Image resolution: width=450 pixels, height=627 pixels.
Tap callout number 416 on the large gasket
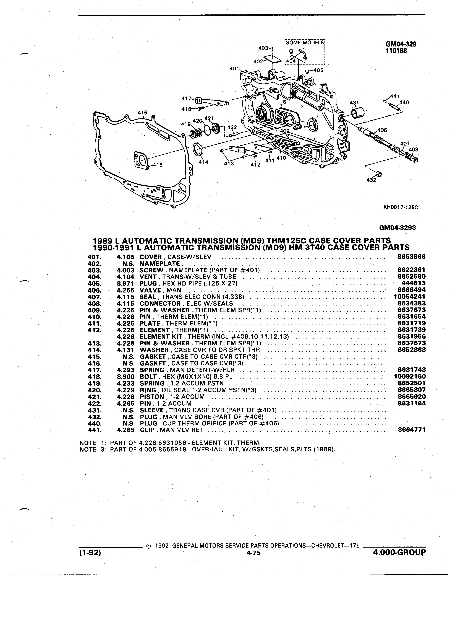pyautogui.click(x=143, y=113)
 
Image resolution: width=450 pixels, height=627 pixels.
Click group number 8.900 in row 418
pyautogui.click(x=126, y=377)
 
